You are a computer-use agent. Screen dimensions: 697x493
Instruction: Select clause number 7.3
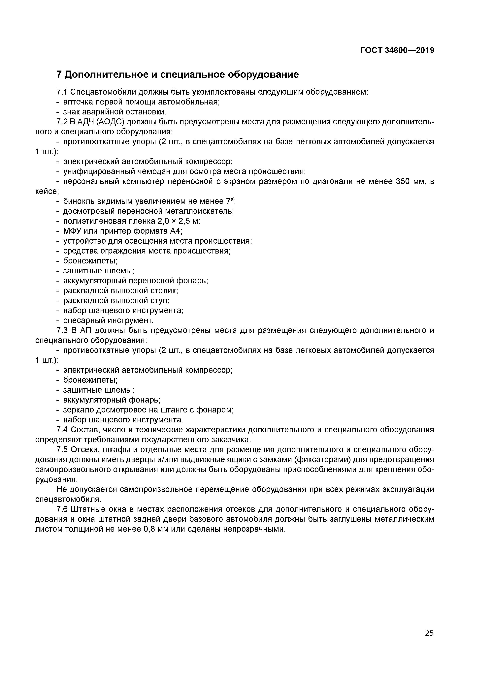pyautogui.click(x=62, y=330)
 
